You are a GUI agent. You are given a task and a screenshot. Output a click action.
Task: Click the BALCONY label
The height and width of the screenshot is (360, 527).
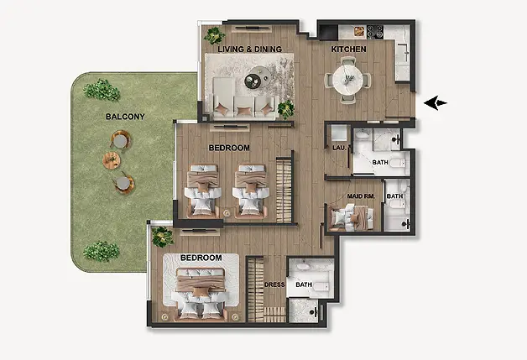[x=125, y=117]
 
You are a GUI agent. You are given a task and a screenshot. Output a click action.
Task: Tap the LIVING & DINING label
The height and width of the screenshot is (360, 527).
[x=249, y=49]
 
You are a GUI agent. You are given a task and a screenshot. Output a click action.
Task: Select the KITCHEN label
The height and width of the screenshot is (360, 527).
[x=348, y=49]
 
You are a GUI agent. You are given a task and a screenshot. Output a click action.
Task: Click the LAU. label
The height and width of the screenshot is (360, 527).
[x=339, y=148]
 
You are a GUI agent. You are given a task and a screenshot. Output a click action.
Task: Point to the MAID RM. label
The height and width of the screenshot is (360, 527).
[x=361, y=196]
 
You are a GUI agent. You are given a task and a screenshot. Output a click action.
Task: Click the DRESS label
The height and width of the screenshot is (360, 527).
[x=274, y=284]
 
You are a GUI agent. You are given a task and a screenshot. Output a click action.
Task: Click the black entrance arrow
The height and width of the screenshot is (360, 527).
[x=436, y=103]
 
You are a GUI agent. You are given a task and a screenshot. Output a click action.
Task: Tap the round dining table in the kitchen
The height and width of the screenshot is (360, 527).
[x=348, y=81]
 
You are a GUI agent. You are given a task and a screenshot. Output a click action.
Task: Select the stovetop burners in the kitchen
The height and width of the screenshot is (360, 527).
[x=375, y=31]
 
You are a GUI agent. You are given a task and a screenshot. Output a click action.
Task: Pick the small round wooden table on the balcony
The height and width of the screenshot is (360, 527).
[x=112, y=160]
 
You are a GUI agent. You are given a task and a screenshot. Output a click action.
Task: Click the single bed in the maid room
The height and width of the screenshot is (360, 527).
[x=352, y=217]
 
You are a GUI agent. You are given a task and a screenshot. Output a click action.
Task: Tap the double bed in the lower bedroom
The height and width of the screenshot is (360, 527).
[x=201, y=293]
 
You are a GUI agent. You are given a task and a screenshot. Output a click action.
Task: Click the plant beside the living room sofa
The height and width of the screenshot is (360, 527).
[x=286, y=109]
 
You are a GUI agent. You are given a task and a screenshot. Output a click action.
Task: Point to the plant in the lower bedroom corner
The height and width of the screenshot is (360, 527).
[x=163, y=237]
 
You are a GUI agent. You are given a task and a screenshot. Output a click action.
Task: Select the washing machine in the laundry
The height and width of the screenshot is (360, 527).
[x=339, y=133]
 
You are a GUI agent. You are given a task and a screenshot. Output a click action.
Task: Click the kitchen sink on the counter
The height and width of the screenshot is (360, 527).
[x=403, y=53]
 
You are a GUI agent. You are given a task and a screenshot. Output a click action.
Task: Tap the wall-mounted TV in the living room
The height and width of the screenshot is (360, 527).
[x=251, y=28]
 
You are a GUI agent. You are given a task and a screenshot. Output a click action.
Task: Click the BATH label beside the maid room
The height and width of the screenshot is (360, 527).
[x=394, y=196]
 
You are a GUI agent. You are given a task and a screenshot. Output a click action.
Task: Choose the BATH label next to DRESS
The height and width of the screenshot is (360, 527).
[x=304, y=284]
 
